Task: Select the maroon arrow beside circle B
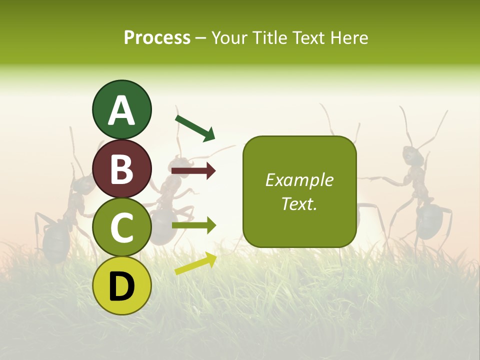[x=193, y=171]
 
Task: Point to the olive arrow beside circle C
[x=193, y=225]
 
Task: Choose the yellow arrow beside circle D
[x=195, y=263]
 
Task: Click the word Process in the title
[x=157, y=38]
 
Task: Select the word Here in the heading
[x=350, y=38]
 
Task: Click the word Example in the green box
[x=299, y=180]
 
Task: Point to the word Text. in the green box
[x=299, y=204]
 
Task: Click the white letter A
[x=122, y=110]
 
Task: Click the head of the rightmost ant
[x=413, y=155]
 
